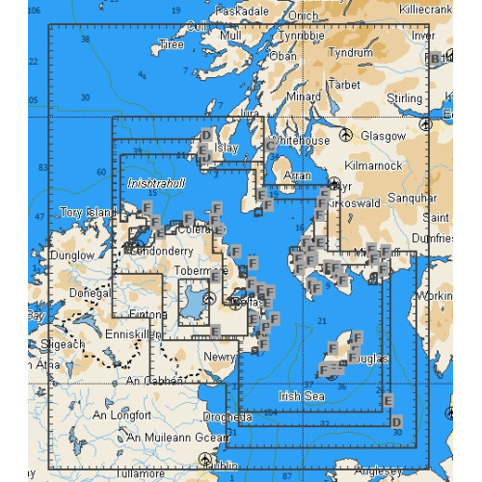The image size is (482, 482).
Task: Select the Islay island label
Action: pos(227,148)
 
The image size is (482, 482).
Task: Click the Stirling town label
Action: pos(403,98)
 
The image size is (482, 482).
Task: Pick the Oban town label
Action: pos(283,56)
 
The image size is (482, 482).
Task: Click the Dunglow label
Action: pos(73,256)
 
